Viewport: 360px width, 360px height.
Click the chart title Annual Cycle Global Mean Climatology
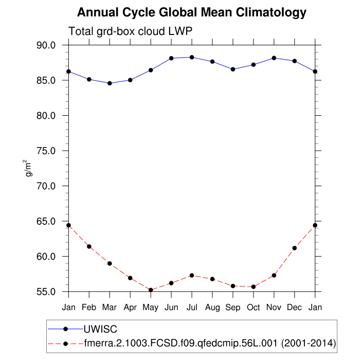point(192,12)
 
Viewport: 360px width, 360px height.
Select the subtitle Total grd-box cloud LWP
point(130,31)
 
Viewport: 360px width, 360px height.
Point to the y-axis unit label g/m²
point(29,168)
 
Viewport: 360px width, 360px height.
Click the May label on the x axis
point(151,308)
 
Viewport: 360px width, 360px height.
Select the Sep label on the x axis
point(233,308)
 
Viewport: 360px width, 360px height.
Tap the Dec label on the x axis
point(295,308)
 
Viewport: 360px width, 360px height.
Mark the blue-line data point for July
point(192,57)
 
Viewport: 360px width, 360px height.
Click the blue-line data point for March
point(110,83)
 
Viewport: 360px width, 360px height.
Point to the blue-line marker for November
point(274,58)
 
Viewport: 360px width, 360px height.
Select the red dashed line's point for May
point(151,290)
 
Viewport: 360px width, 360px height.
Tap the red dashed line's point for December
point(295,248)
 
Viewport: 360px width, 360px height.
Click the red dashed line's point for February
point(89,246)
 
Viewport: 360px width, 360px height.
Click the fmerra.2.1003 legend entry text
point(210,343)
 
